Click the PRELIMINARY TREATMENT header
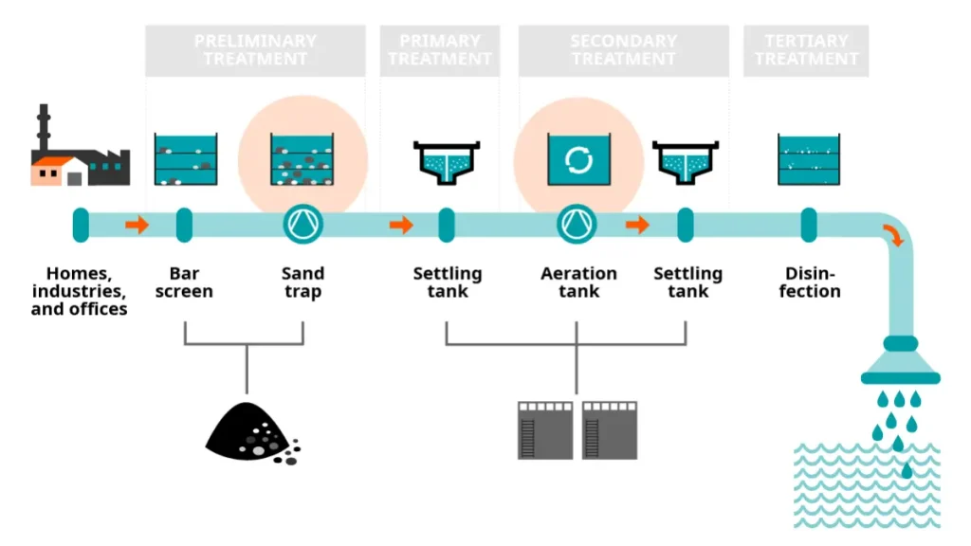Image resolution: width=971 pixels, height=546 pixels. click(254, 50)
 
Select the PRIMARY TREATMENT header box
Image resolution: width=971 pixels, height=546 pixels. click(440, 50)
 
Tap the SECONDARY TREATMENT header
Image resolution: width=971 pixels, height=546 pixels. click(623, 50)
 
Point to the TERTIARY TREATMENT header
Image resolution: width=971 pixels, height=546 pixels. click(805, 50)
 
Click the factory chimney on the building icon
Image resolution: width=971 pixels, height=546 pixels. click(44, 127)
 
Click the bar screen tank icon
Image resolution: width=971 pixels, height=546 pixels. click(186, 158)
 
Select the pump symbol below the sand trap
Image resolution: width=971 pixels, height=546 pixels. click(303, 225)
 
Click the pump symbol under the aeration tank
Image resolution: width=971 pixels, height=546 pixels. click(577, 225)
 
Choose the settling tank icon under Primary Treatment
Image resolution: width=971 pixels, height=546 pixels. click(447, 160)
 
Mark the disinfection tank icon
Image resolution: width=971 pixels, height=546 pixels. click(808, 158)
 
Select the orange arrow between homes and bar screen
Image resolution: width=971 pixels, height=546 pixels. click(137, 225)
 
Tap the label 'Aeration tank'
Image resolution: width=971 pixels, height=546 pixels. click(578, 282)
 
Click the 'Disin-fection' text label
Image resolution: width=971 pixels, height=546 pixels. click(809, 282)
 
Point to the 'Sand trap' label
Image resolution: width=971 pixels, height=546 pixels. click(302, 282)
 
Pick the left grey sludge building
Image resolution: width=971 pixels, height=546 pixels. click(545, 429)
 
